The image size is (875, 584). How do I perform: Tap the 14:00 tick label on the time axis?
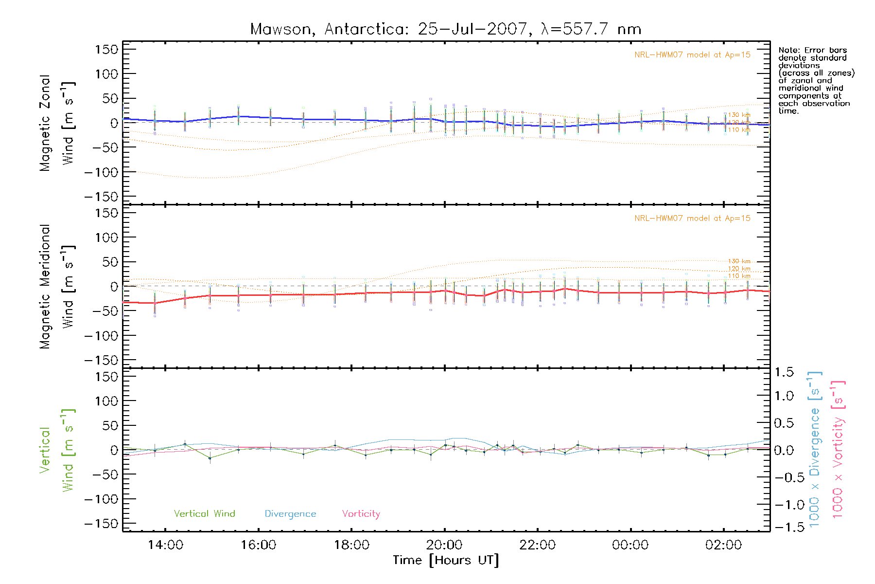tap(165, 545)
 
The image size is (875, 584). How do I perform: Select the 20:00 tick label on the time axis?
tap(444, 545)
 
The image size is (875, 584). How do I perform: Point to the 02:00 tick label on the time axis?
tap(723, 545)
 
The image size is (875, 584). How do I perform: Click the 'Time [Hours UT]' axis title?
tap(446, 560)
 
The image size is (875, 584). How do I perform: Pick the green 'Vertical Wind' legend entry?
tap(204, 514)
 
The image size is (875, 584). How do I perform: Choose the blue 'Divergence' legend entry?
tap(290, 514)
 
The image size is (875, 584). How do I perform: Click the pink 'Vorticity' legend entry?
tap(361, 514)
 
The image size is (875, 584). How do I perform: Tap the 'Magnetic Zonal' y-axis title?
tap(45, 123)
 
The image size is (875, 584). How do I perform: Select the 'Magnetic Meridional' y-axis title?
tap(45, 287)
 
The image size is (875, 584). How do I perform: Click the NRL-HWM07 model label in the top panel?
tap(692, 55)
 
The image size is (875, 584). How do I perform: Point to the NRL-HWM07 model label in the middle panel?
tap(692, 219)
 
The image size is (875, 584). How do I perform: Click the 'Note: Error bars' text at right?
tap(813, 51)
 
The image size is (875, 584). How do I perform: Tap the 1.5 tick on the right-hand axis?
tap(784, 372)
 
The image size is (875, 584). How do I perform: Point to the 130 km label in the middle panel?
tap(739, 261)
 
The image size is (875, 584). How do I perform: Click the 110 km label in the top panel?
tap(739, 130)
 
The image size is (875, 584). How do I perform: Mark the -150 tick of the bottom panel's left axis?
tap(101, 524)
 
